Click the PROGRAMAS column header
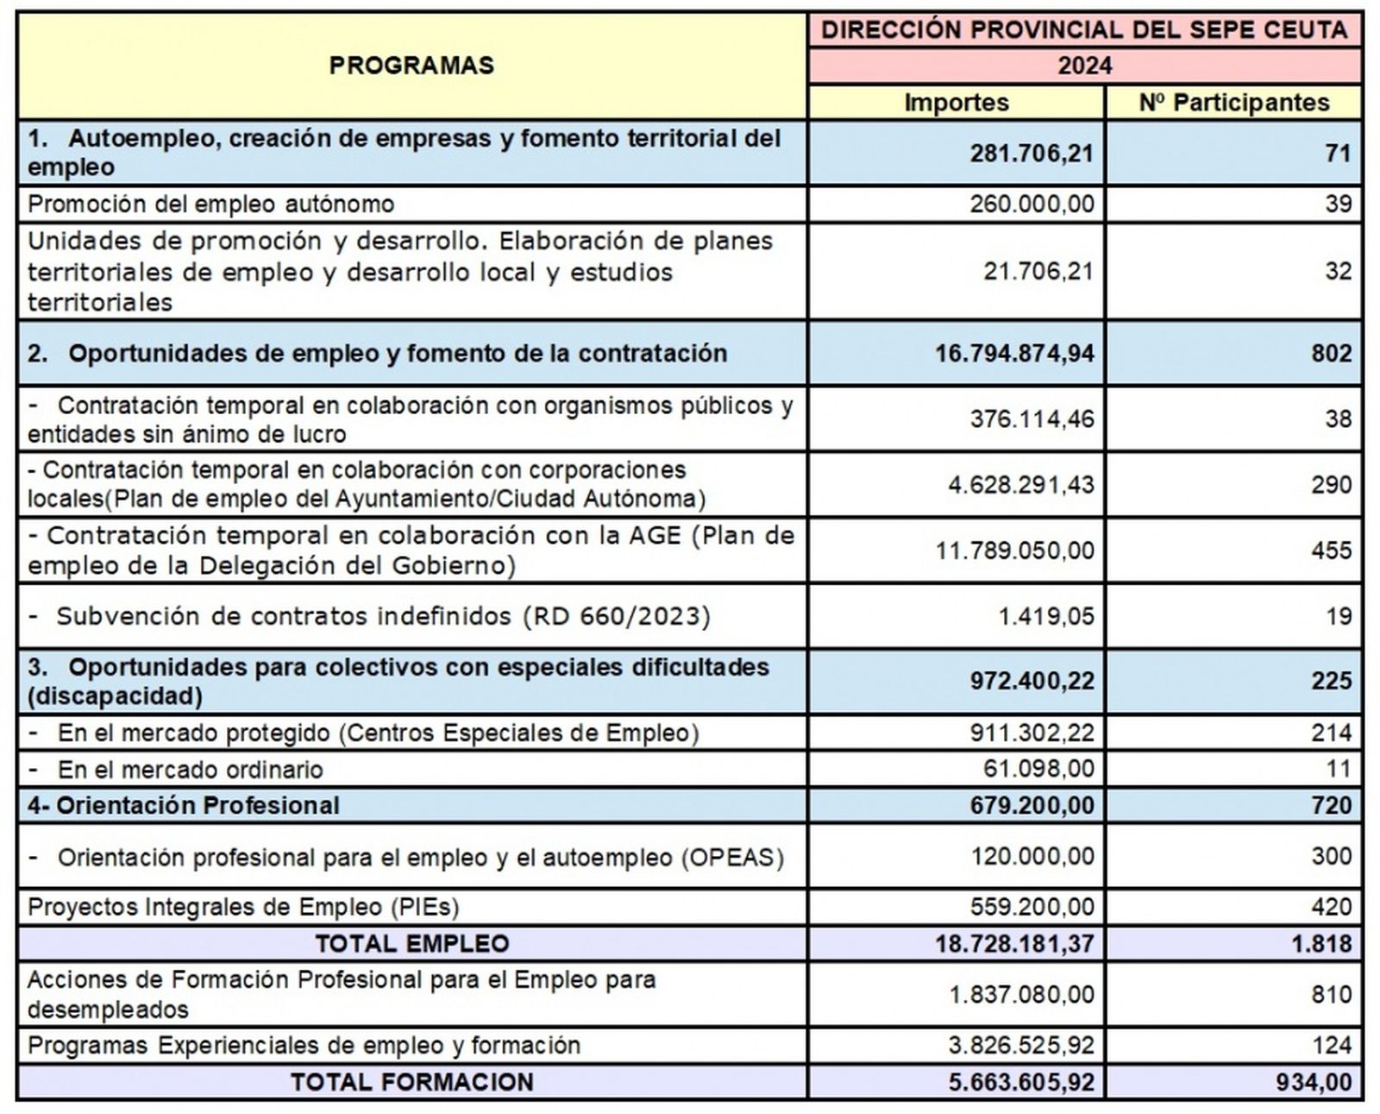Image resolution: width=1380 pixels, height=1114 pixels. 411,66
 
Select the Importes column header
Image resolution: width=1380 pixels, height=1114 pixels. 956,103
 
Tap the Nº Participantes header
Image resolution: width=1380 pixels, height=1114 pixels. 1233,103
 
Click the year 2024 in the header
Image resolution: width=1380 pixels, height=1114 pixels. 1084,66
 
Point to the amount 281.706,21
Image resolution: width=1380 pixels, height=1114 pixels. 1031,154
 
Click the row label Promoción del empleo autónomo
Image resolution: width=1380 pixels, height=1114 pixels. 210,205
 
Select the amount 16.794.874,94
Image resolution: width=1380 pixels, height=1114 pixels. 1013,354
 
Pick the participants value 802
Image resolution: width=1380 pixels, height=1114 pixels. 1330,354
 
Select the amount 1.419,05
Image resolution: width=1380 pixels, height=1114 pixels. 1045,617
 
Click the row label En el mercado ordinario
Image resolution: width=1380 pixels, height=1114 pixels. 190,770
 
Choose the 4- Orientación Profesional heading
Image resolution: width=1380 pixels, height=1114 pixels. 183,806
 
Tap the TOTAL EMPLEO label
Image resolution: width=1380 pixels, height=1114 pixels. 411,944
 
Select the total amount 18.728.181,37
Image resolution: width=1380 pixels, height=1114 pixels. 1013,944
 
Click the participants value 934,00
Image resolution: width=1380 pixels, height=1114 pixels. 1314,1083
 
